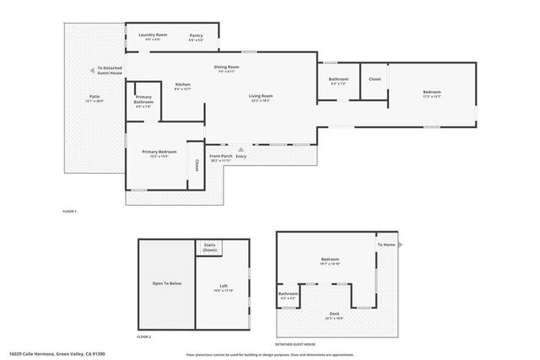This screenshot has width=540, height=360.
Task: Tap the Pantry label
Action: coord(196,35)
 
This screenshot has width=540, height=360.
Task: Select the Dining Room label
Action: coord(226,67)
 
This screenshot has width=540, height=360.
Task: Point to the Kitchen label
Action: coord(183,84)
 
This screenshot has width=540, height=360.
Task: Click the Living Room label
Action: coord(261,96)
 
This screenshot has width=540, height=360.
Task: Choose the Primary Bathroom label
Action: coord(143,99)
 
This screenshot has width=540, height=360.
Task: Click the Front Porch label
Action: coord(220,156)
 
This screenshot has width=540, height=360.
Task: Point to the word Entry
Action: coord(241,156)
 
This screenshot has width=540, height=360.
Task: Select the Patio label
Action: coord(94,96)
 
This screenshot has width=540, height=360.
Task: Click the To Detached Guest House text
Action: coord(110,70)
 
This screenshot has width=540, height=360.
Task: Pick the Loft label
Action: coord(224,286)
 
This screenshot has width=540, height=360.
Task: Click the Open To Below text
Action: coord(166,283)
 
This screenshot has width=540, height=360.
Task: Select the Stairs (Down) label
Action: coord(210,248)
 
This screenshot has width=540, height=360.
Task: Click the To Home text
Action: coord(386,244)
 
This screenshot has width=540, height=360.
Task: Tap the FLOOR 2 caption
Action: coord(143,336)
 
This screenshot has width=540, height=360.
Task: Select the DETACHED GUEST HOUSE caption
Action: coord(295,344)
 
